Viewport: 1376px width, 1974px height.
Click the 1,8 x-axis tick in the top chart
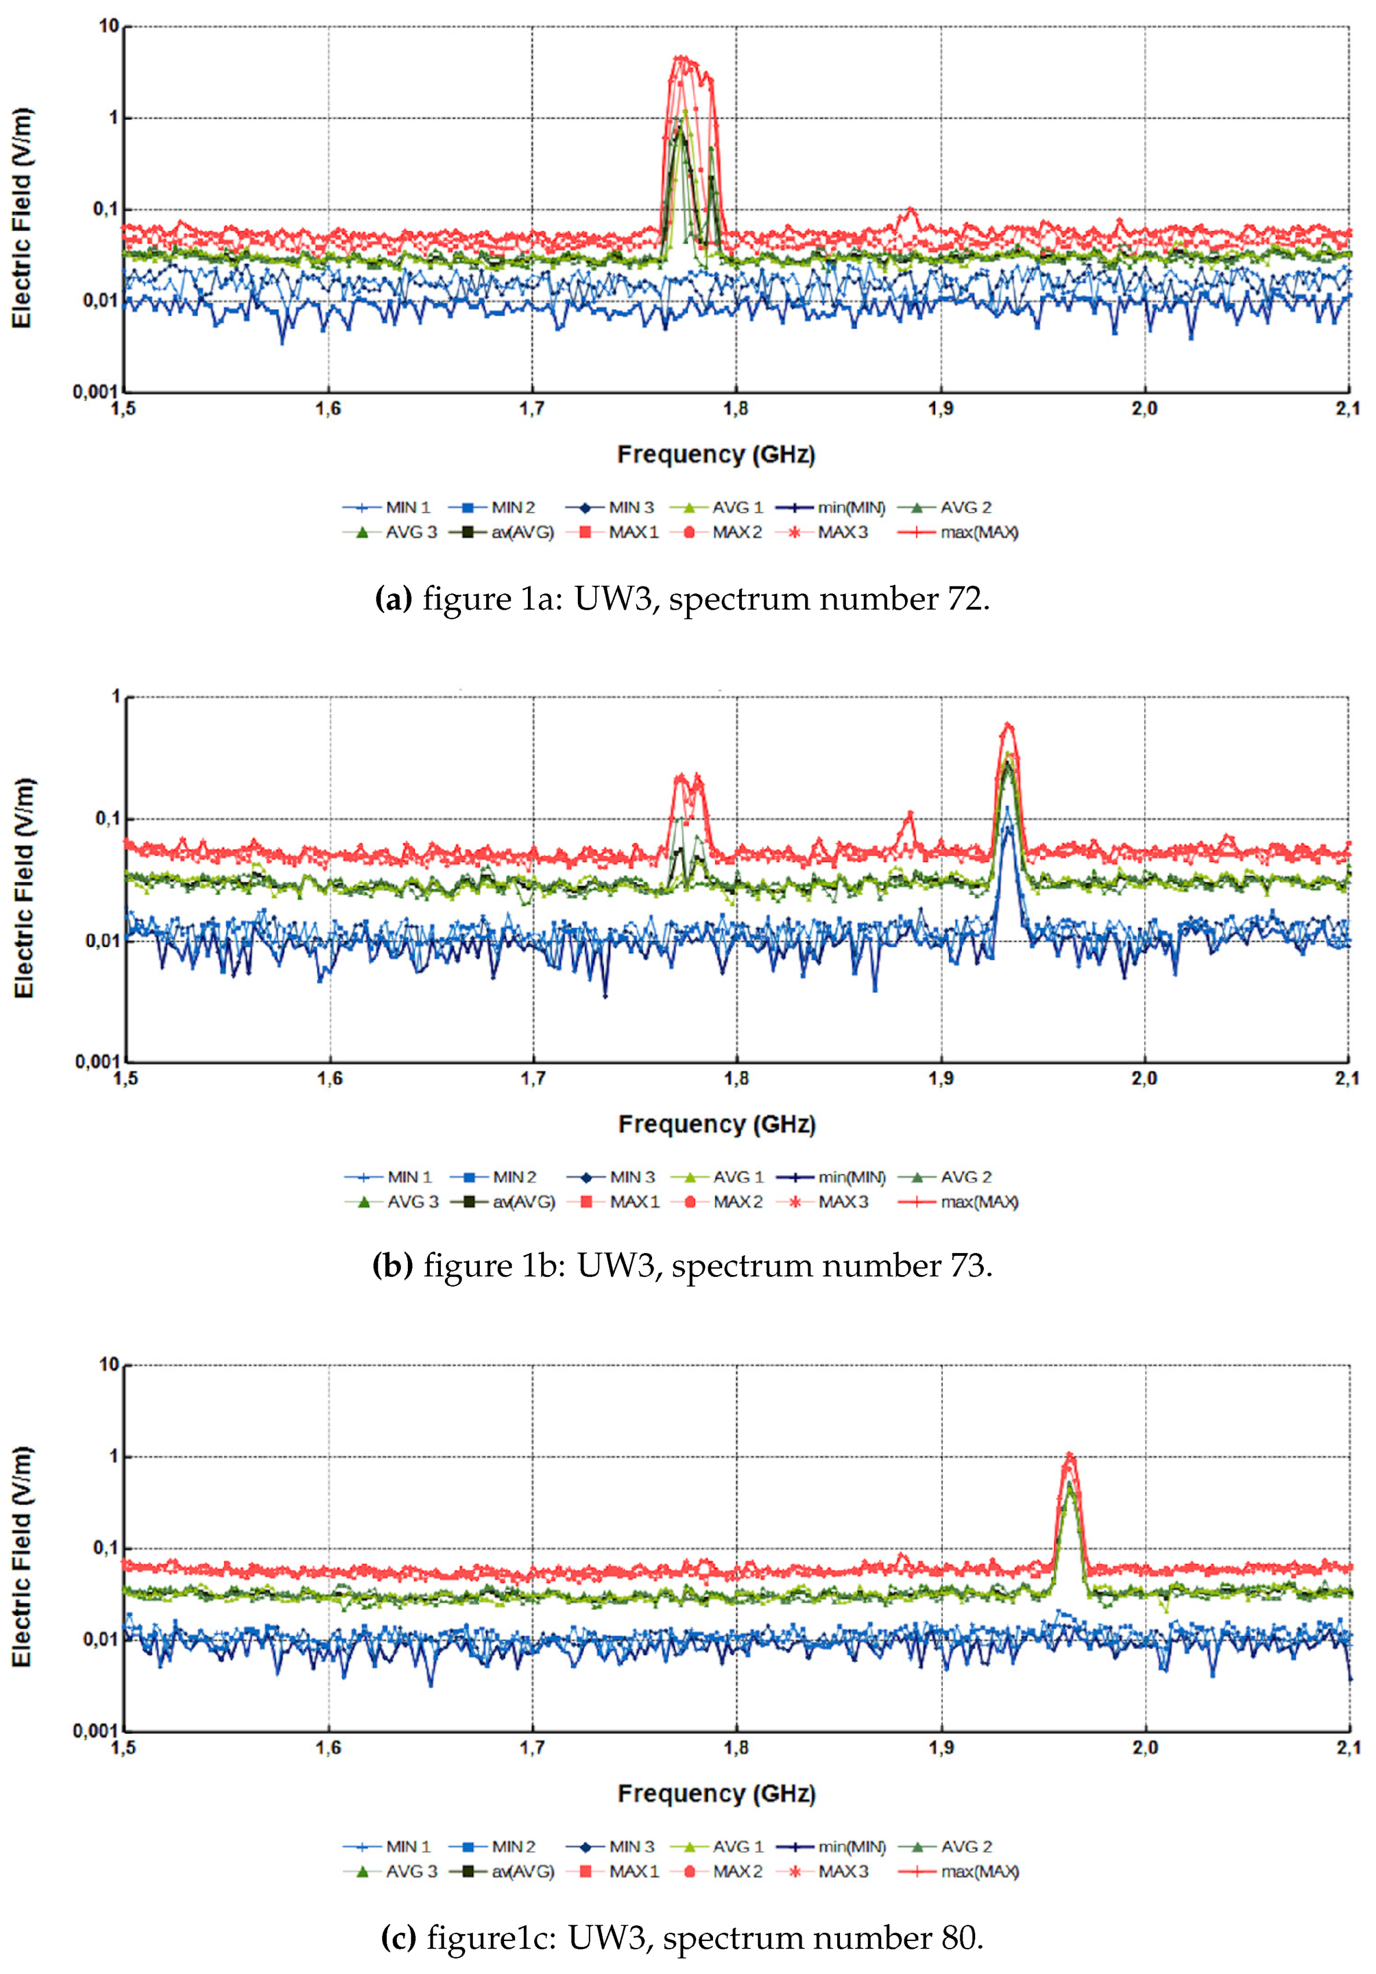tap(736, 408)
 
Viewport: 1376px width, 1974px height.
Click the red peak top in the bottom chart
tap(1069, 1455)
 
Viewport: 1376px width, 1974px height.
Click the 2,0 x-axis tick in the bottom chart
tap(1144, 1747)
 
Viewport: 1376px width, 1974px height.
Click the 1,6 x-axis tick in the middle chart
tap(329, 1078)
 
